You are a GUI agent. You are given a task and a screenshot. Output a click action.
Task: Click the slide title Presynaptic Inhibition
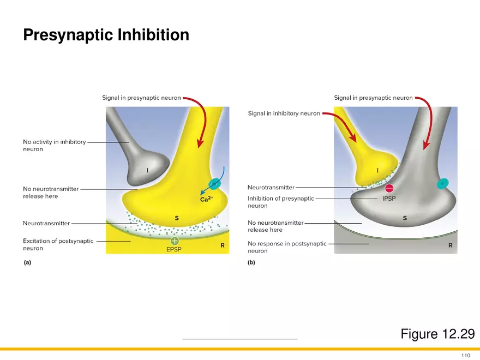[x=106, y=35]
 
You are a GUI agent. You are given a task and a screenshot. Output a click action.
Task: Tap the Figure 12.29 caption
[x=437, y=334]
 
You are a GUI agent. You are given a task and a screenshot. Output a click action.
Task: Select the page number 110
[x=465, y=356]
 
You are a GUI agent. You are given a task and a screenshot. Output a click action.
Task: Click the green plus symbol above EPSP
[x=175, y=241]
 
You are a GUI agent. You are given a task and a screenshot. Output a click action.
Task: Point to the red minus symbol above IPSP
[x=389, y=189]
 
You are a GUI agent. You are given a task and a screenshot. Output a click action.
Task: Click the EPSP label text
[x=175, y=250]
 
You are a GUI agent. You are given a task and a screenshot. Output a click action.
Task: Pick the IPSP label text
[x=389, y=199]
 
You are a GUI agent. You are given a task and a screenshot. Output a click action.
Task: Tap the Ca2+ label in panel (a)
[x=206, y=200]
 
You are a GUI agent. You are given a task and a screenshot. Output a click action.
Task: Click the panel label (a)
[x=27, y=262]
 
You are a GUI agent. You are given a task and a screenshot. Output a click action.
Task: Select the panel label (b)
[x=251, y=262]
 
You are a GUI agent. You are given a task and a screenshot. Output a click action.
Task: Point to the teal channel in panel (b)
[x=442, y=183]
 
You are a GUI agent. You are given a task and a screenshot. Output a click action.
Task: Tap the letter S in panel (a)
[x=176, y=218]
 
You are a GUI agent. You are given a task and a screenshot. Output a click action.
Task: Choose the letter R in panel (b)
[x=450, y=245]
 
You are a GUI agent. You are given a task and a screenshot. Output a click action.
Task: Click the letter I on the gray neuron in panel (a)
[x=147, y=171]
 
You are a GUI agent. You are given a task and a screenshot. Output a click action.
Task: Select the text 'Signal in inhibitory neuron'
[x=284, y=114]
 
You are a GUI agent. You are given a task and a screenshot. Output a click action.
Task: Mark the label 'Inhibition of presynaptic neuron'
[x=280, y=202]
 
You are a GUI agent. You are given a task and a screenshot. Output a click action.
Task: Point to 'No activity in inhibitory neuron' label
[x=54, y=145]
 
